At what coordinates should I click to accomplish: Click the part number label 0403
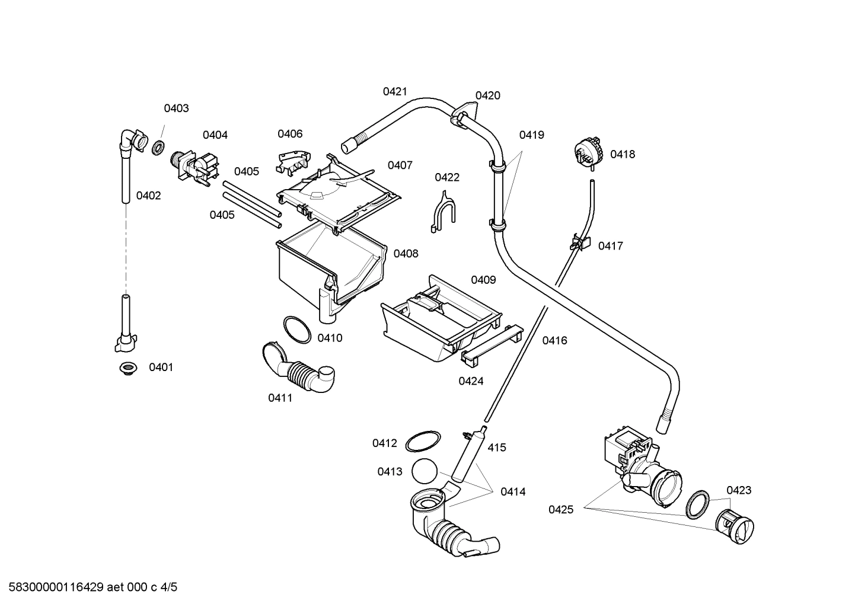pos(176,108)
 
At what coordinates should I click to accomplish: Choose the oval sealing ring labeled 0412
pos(423,442)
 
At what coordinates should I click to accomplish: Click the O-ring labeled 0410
pos(296,329)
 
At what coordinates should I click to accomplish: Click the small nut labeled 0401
pos(127,369)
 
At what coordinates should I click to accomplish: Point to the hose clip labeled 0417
pos(580,242)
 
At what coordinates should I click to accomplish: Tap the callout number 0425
pos(560,509)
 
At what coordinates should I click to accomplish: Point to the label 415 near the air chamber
pos(497,448)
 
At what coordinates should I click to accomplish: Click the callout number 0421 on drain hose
pos(395,91)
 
